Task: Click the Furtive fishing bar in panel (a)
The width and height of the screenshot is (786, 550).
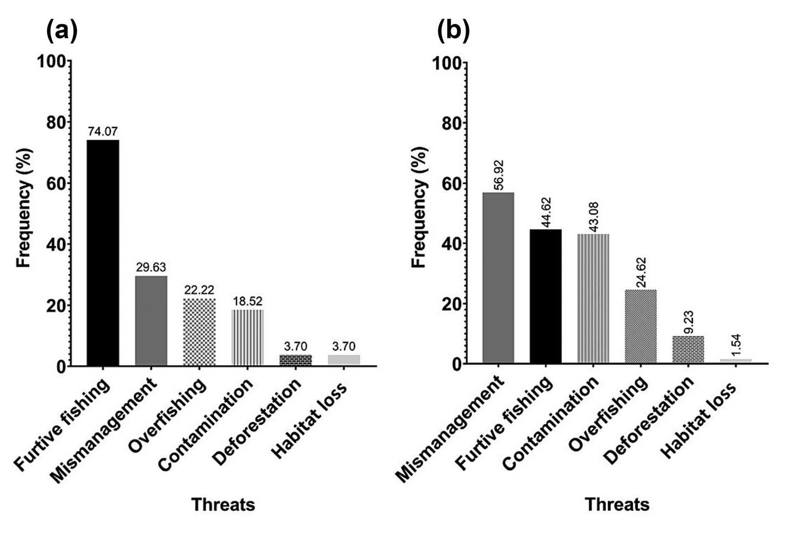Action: [103, 253]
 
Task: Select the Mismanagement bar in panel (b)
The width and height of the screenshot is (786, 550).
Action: [498, 277]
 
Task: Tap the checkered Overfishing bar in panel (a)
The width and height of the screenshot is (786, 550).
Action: [199, 332]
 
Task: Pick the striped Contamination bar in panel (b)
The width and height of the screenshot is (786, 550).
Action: [593, 298]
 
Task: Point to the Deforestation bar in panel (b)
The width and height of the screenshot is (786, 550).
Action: [688, 349]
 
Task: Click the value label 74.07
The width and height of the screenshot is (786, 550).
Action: [103, 131]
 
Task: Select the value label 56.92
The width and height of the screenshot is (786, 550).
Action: [498, 175]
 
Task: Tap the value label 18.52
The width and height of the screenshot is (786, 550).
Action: [248, 301]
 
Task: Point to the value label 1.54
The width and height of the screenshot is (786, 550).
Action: [736, 345]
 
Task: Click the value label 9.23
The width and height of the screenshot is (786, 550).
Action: [688, 322]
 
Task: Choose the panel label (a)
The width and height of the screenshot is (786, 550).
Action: [62, 31]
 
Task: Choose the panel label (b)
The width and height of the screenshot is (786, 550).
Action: [453, 31]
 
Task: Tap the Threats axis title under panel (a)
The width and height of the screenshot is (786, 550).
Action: [223, 504]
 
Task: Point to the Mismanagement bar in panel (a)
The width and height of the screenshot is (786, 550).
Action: [151, 321]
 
